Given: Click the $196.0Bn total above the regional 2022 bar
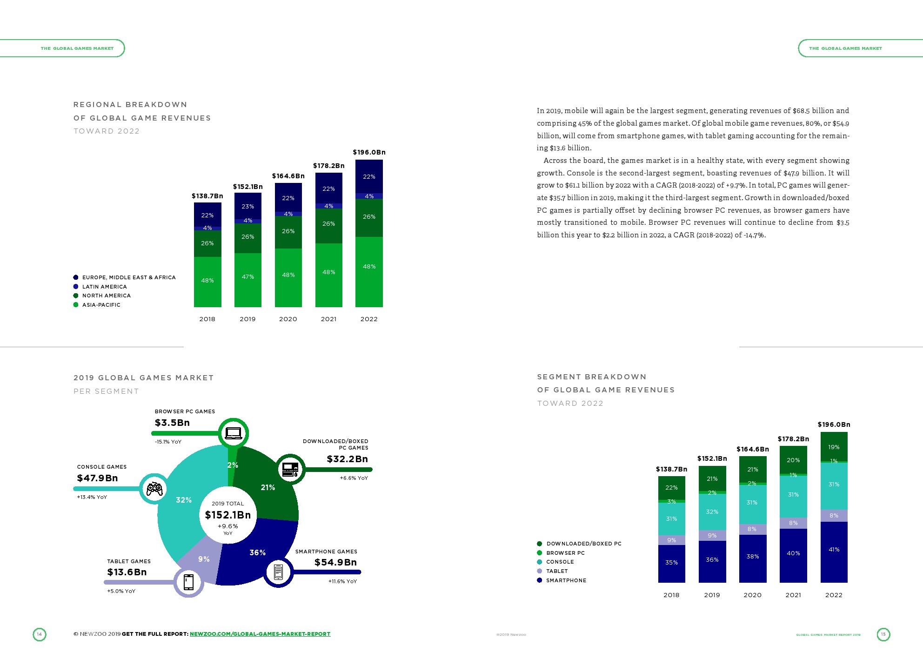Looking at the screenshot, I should (369, 152).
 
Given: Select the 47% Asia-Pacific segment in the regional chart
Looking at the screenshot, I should (247, 277).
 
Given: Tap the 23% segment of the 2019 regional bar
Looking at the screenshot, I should (247, 206).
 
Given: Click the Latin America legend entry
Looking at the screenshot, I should (104, 287).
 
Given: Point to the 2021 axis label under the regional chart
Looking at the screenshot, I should (328, 319).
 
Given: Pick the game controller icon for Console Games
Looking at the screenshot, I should (154, 489).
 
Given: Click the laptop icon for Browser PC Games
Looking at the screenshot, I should (233, 433).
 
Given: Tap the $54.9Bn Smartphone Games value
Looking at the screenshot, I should (335, 562).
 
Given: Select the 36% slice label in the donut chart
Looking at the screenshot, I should (257, 552).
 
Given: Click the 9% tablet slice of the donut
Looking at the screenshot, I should (204, 559).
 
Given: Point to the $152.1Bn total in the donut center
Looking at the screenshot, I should (227, 515).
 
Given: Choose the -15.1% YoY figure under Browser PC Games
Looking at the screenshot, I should (168, 442).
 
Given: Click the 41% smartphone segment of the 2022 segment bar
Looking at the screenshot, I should (834, 550).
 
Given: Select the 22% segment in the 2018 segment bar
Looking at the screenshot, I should (671, 487).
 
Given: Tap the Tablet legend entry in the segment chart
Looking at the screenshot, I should (556, 571).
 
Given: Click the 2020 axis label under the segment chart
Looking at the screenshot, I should (752, 595).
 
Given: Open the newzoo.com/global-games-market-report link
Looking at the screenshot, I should (260, 634).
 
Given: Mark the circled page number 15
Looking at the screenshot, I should (883, 634).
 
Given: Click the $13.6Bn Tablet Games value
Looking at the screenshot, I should (127, 572).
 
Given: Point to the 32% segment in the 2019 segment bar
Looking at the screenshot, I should (712, 512).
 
